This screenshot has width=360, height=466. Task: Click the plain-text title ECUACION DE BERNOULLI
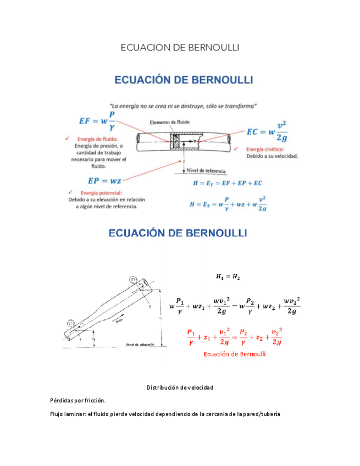coord(180,48)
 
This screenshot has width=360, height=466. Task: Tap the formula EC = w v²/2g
coord(267,132)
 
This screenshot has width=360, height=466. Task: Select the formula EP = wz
coord(104,180)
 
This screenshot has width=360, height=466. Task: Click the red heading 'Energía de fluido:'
coord(98,139)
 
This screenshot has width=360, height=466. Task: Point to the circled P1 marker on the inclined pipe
coord(70,322)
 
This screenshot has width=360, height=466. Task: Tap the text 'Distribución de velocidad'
coord(180,388)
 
